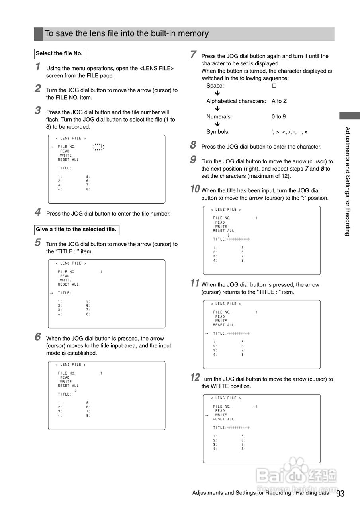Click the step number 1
tap(38, 67)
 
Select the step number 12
tap(195, 377)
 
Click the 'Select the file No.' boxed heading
tap(60, 53)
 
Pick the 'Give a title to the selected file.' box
tap(76, 229)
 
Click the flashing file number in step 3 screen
tap(98, 147)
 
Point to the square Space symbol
tap(274, 86)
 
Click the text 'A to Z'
tap(279, 101)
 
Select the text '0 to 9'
tap(279, 117)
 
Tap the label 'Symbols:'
tap(218, 132)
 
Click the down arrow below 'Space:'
tap(217, 93)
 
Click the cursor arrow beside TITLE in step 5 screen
tap(51, 293)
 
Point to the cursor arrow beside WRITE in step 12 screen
tap(207, 415)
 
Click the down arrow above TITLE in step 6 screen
tap(76, 390)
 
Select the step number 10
tap(195, 189)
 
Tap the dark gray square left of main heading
tap(38, 34)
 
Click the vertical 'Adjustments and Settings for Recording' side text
tap(348, 181)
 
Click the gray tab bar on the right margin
tap(349, 116)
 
